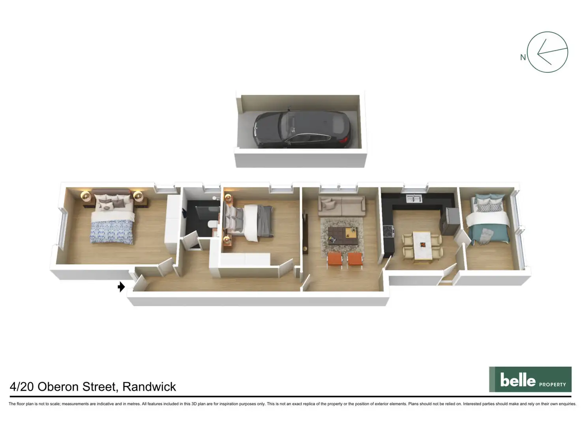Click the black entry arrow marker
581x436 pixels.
point(121,287)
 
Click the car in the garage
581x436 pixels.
point(302,129)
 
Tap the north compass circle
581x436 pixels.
point(547,52)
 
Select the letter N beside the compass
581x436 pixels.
point(523,58)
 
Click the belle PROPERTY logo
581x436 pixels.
point(530,380)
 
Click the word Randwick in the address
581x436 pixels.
point(149,387)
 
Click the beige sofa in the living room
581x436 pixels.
point(342,206)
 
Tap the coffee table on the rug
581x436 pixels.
point(343,236)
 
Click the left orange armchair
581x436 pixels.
point(335,260)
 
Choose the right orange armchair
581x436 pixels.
point(355,260)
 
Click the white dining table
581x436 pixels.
point(422,246)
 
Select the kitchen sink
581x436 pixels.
point(414,199)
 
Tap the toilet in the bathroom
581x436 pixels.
point(212,224)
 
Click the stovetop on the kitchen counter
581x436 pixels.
point(388,231)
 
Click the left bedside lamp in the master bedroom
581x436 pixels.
point(86,195)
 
